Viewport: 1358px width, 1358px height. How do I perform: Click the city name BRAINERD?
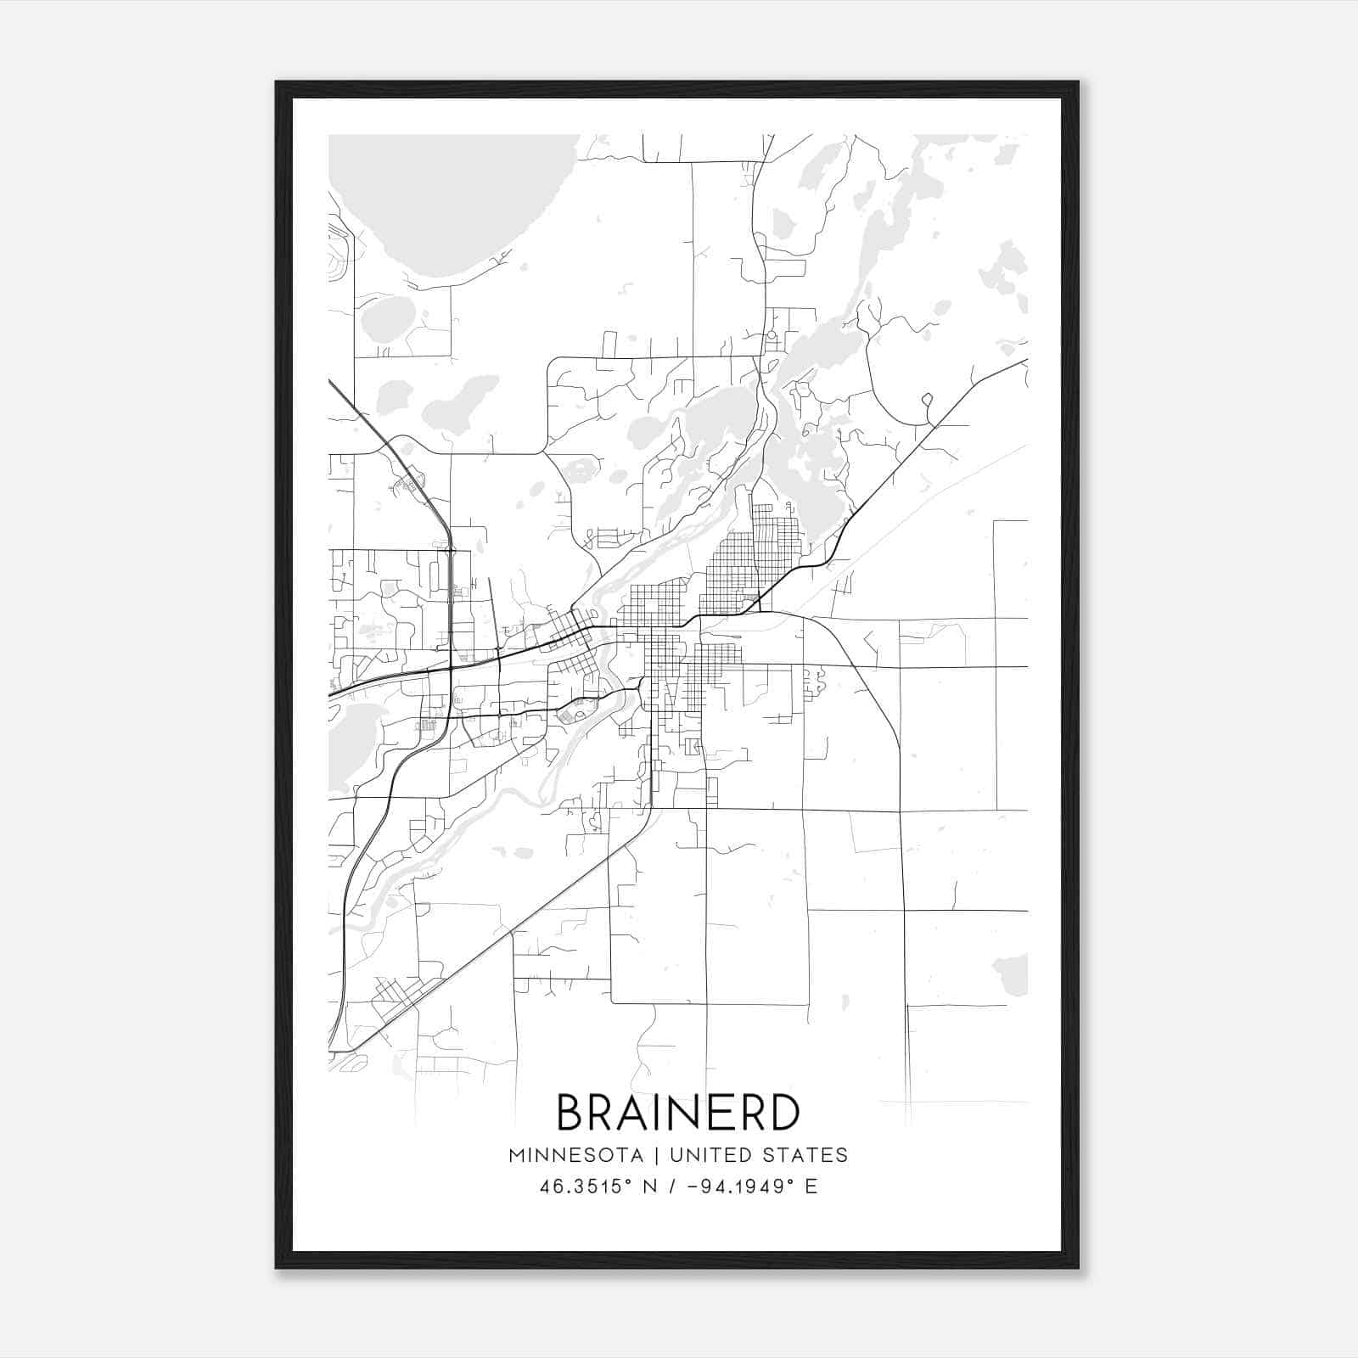coord(678,1113)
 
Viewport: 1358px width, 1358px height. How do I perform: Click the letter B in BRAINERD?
coord(572,1113)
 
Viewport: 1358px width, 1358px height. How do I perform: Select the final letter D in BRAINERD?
coord(784,1113)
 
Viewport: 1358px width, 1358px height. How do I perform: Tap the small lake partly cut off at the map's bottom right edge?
coord(1013,973)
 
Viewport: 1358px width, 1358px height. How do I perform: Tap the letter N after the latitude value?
coord(649,1187)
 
